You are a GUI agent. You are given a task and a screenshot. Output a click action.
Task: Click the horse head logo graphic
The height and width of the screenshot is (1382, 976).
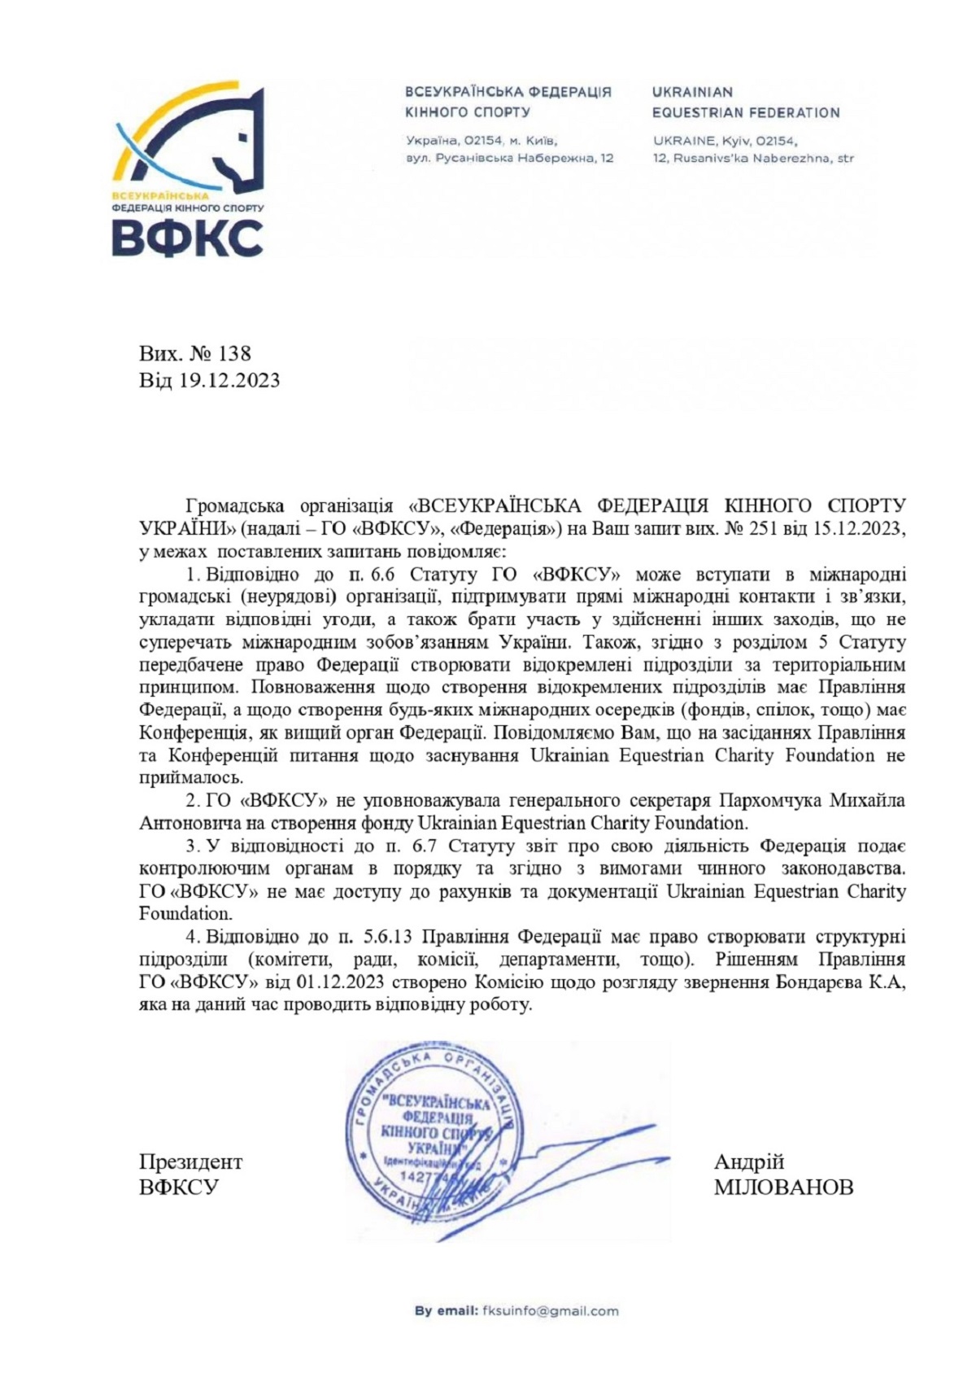click(x=191, y=138)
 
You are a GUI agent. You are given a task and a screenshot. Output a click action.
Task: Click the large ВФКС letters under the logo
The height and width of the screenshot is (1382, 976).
click(x=188, y=238)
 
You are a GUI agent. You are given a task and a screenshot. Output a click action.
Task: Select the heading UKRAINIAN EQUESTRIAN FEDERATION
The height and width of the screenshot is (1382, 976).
click(x=746, y=103)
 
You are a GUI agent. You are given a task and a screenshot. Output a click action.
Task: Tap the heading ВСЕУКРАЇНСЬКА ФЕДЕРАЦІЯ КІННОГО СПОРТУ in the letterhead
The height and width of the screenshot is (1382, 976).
click(x=508, y=103)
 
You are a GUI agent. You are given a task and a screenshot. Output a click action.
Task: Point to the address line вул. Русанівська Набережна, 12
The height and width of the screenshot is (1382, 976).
click(x=509, y=158)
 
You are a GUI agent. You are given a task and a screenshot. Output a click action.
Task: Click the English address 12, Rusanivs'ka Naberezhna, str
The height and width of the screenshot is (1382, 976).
click(x=753, y=158)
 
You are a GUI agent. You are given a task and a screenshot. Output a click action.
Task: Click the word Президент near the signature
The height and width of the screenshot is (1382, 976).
click(x=190, y=1161)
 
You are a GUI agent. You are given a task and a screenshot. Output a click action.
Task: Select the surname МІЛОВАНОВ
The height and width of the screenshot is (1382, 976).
click(x=784, y=1187)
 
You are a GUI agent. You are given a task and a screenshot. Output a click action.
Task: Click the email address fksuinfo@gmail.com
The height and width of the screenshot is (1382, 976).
click(x=551, y=1310)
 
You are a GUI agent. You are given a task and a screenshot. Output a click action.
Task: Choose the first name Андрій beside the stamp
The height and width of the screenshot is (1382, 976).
click(x=749, y=1161)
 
